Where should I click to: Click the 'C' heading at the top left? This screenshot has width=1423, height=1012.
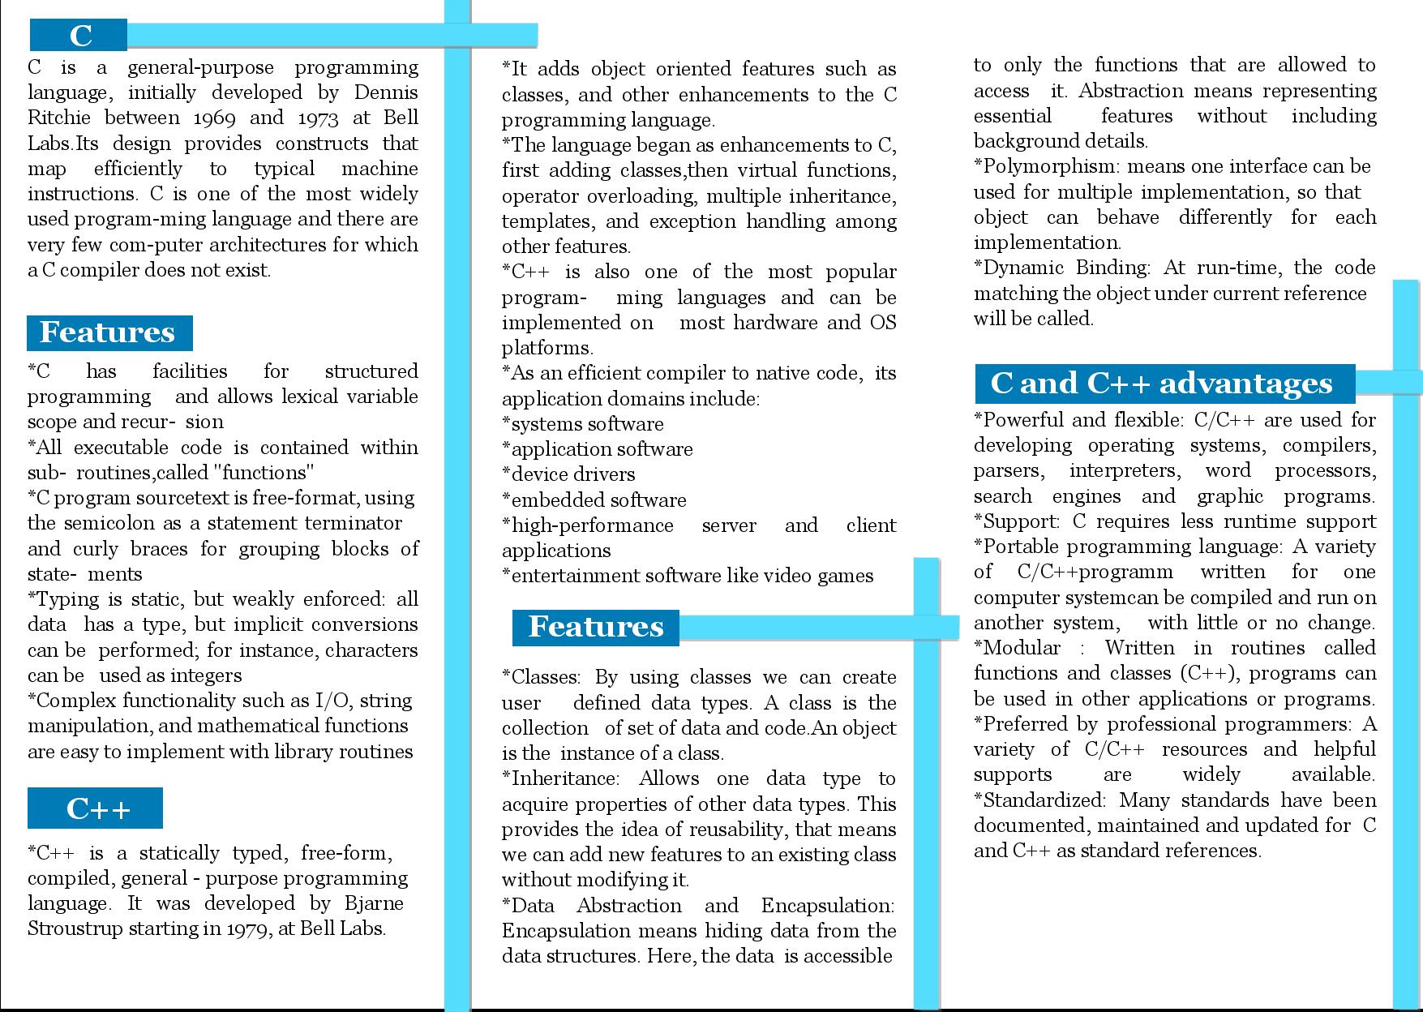tap(80, 36)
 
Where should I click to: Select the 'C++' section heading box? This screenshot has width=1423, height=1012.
tap(96, 808)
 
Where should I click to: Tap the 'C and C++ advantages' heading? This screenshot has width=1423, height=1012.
tap(1163, 384)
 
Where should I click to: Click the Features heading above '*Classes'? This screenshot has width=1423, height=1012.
tap(596, 627)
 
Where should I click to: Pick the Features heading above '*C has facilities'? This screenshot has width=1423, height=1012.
tap(108, 332)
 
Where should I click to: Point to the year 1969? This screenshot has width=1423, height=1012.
tap(214, 118)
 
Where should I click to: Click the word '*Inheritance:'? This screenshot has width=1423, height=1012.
tap(560, 779)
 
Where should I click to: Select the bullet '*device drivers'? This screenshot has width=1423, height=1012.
tap(568, 474)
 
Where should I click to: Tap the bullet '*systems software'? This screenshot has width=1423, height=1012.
tap(582, 424)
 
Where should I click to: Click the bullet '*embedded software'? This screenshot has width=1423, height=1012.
tap(594, 500)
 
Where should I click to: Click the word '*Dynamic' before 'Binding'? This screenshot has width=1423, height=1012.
tap(1018, 268)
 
